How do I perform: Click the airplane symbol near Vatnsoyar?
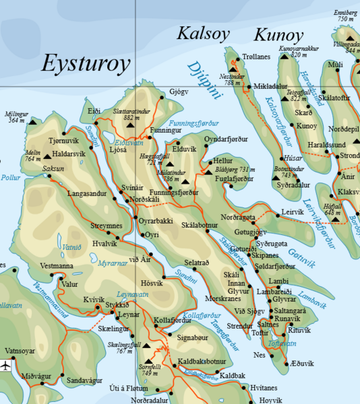[x=7, y=366]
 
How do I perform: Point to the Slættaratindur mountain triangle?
[x=130, y=125]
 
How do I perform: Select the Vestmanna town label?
[x=56, y=266]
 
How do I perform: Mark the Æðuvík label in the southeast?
[x=301, y=364]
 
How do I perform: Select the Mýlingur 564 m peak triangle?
[x=34, y=123]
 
